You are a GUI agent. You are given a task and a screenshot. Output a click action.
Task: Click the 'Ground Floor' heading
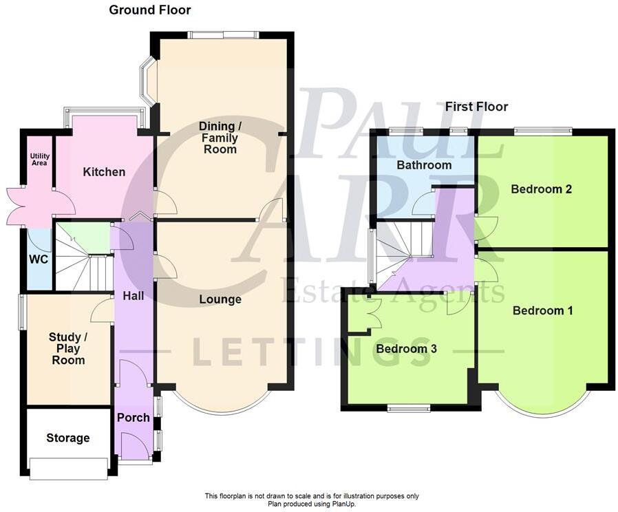coord(149,10)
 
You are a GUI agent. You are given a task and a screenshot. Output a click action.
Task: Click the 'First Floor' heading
coord(476,107)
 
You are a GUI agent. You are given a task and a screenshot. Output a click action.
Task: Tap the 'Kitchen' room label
coord(104,171)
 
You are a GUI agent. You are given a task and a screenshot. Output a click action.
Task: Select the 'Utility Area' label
coord(39,160)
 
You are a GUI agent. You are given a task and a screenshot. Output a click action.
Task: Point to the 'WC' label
coord(39,259)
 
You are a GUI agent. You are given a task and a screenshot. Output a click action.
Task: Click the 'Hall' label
coord(133,295)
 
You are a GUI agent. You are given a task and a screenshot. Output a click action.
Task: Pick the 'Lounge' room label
coord(220,299)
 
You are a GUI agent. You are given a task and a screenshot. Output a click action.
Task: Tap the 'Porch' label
coord(133,418)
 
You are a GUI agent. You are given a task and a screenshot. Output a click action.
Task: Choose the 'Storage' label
coord(67,438)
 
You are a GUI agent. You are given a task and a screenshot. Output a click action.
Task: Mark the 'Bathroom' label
coord(424,165)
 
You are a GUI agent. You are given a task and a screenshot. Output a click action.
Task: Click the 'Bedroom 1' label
coord(542,310)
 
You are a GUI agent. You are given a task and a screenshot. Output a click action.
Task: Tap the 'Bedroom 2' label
coord(542,189)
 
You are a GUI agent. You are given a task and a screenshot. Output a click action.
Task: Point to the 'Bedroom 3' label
coord(407,349)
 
